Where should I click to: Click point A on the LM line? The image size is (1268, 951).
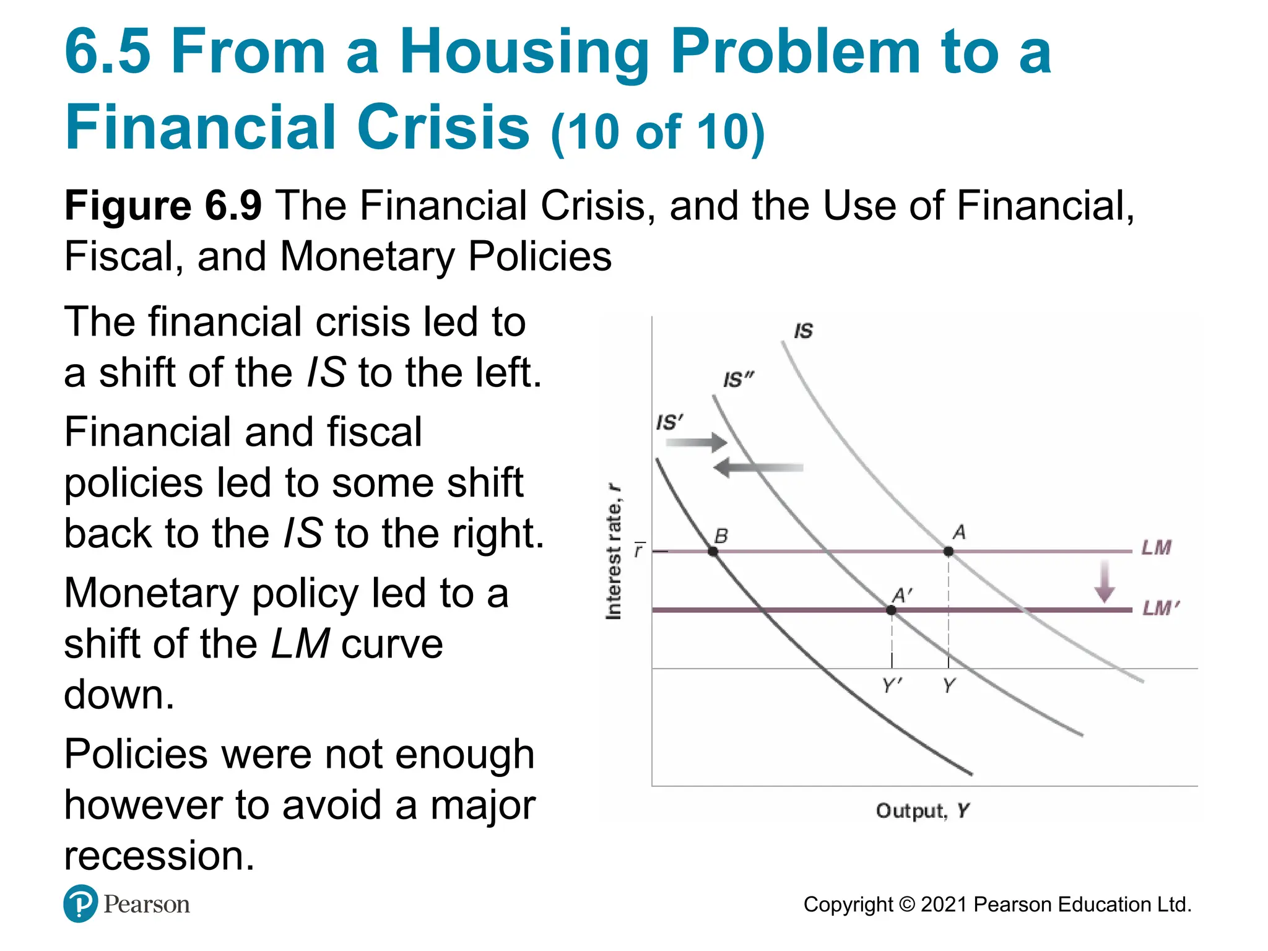point(948,551)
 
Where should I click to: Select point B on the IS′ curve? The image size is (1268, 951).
point(713,551)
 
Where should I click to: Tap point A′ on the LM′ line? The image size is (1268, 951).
point(891,610)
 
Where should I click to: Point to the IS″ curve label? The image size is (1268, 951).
point(738,380)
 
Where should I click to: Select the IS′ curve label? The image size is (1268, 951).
point(669,423)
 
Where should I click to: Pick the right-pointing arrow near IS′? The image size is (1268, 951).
point(697,442)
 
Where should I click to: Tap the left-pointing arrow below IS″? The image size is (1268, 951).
point(758,467)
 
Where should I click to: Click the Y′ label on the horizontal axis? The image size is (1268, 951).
point(892,685)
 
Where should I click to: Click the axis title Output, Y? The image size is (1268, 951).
point(923,810)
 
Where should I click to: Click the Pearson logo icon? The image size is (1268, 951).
point(80,904)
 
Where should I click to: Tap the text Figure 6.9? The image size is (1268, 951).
point(163,206)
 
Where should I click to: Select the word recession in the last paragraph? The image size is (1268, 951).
point(159,856)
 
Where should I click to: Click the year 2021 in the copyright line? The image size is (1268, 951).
point(944,905)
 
